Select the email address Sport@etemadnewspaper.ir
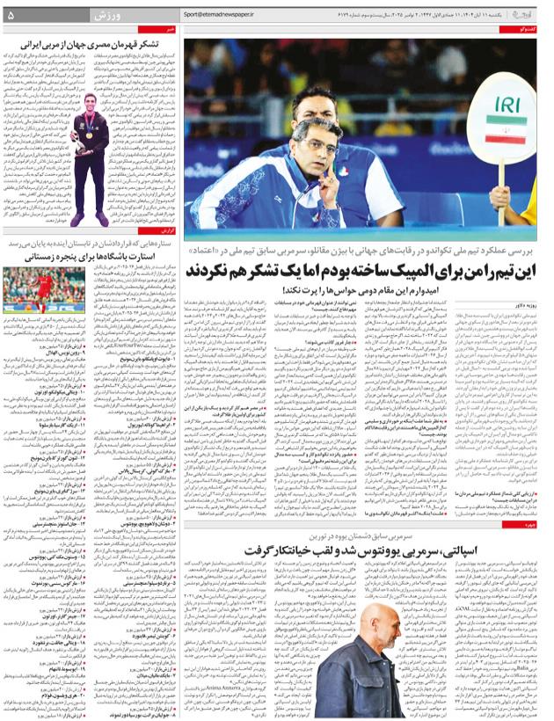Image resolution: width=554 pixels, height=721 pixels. click(222, 15)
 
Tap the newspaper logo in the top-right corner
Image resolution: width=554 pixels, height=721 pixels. click(528, 14)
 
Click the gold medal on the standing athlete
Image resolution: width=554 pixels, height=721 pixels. click(89, 135)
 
